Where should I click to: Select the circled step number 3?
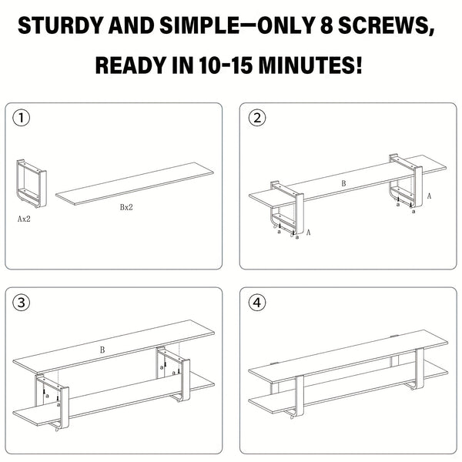coord(23,302)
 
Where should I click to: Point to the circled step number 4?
coord(257,302)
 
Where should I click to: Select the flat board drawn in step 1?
coord(135,184)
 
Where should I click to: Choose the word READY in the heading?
coord(127,65)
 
